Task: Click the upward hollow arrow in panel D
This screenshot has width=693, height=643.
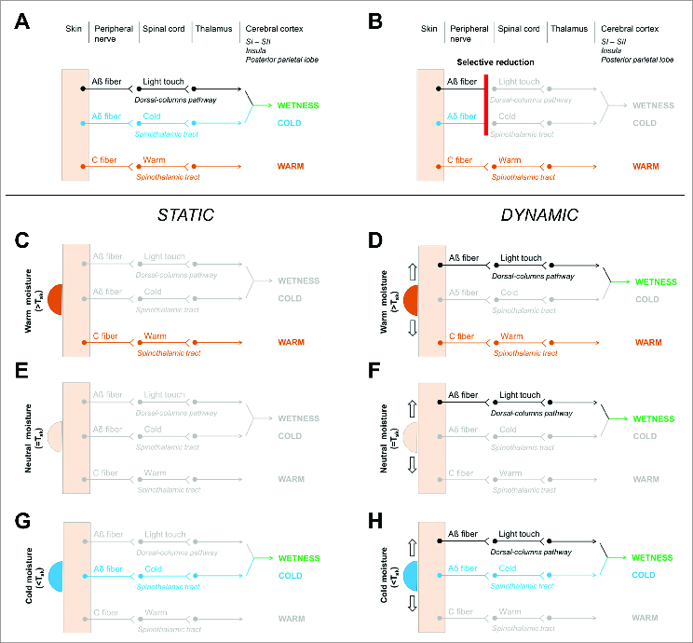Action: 410,272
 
